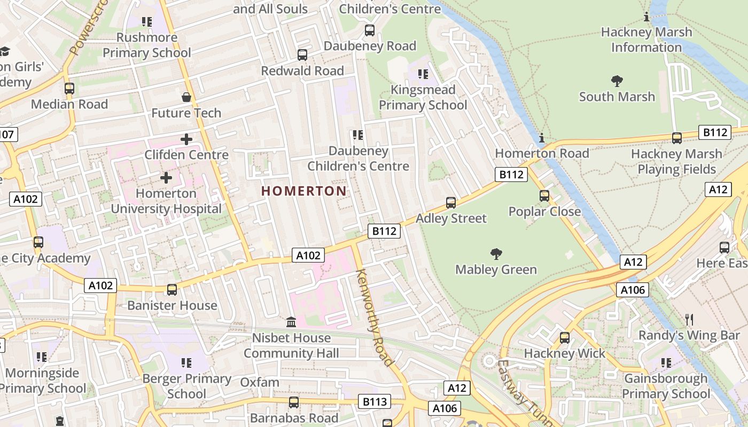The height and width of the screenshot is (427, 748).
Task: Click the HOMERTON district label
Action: tap(303, 191)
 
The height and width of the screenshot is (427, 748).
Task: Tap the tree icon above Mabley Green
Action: tap(496, 254)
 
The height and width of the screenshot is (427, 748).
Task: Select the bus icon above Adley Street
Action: tap(451, 203)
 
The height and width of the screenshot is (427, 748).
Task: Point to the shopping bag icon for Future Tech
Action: tap(186, 97)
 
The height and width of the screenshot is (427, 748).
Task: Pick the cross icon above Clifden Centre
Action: tap(186, 139)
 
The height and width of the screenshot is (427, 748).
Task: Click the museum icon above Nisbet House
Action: tap(291, 322)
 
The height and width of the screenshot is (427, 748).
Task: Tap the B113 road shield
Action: tap(374, 401)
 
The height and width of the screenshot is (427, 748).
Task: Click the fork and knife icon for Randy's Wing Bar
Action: tap(689, 320)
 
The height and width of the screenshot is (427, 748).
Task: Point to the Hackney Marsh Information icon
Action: tap(646, 17)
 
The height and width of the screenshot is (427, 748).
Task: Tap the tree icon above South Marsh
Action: tap(617, 81)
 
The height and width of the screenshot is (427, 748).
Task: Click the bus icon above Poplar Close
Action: tap(544, 196)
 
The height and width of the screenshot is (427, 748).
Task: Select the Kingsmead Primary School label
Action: tap(423, 97)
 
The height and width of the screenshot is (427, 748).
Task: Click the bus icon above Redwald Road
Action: tap(302, 55)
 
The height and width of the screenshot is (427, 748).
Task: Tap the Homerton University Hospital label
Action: tap(166, 201)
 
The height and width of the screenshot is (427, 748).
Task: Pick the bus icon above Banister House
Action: tap(172, 290)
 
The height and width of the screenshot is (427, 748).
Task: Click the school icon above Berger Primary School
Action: tap(186, 363)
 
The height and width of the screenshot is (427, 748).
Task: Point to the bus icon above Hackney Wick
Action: tap(565, 338)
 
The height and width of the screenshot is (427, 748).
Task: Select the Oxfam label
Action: tap(260, 382)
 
